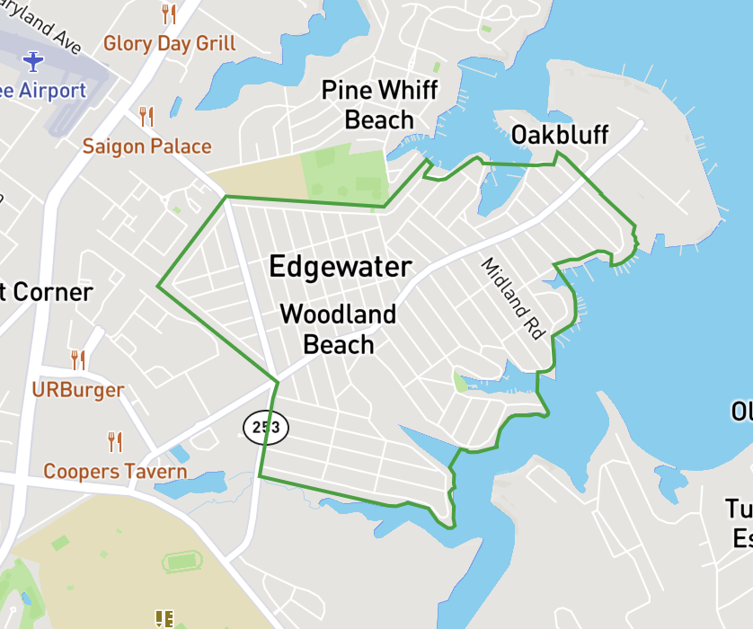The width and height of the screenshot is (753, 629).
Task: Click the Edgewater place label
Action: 341,267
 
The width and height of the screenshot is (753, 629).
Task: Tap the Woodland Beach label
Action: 338,329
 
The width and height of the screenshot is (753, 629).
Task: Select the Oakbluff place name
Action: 559,136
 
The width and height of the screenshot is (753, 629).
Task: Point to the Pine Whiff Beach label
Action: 379,105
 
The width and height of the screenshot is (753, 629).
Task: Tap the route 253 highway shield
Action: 265,428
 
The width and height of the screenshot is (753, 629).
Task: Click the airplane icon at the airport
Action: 33,61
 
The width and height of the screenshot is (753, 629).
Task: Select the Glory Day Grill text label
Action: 170,43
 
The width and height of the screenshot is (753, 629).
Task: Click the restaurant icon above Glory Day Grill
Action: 168,13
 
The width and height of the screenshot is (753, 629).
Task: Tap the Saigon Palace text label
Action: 147,146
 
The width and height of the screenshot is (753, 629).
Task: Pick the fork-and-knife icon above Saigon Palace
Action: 146,117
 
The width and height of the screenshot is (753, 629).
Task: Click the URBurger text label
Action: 77,390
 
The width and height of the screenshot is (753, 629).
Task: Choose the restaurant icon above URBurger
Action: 78,360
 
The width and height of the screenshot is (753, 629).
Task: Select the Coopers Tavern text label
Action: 115,472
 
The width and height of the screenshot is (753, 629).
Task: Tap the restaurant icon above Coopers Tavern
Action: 114,441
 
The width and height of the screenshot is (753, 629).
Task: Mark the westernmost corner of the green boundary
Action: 158,287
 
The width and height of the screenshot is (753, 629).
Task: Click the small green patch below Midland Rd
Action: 460,384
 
